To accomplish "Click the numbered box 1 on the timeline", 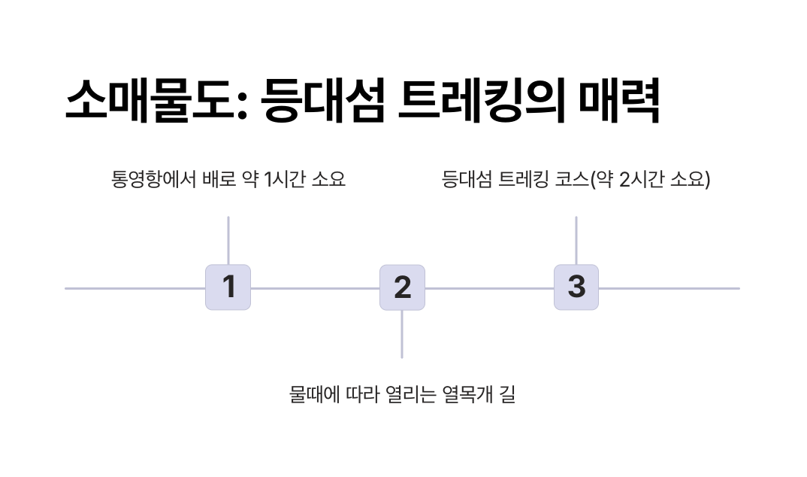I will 228,287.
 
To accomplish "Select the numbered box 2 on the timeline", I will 402,287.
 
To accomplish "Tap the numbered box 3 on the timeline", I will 576,287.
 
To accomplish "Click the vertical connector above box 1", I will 228,240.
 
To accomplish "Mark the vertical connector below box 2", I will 402,334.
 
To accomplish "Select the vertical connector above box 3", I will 576,240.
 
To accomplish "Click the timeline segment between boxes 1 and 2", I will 315,288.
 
